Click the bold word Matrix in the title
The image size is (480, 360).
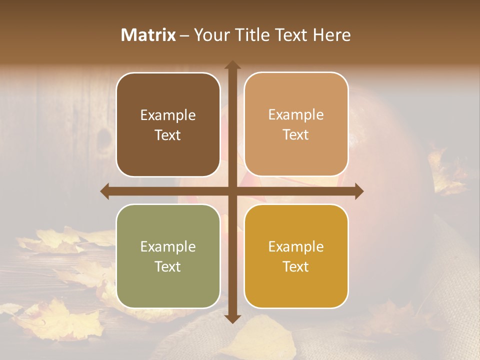pos(148,35)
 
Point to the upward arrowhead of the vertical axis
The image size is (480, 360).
pos(232,65)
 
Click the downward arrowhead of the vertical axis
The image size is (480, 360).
pos(232,318)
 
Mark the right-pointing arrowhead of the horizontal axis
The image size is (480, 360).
pos(358,191)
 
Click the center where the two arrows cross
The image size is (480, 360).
pos(232,191)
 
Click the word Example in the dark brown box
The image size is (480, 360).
pos(168,115)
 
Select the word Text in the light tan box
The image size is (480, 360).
pos(296,135)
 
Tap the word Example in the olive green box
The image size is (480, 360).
pos(168,247)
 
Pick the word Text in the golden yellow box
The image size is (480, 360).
pos(296,266)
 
